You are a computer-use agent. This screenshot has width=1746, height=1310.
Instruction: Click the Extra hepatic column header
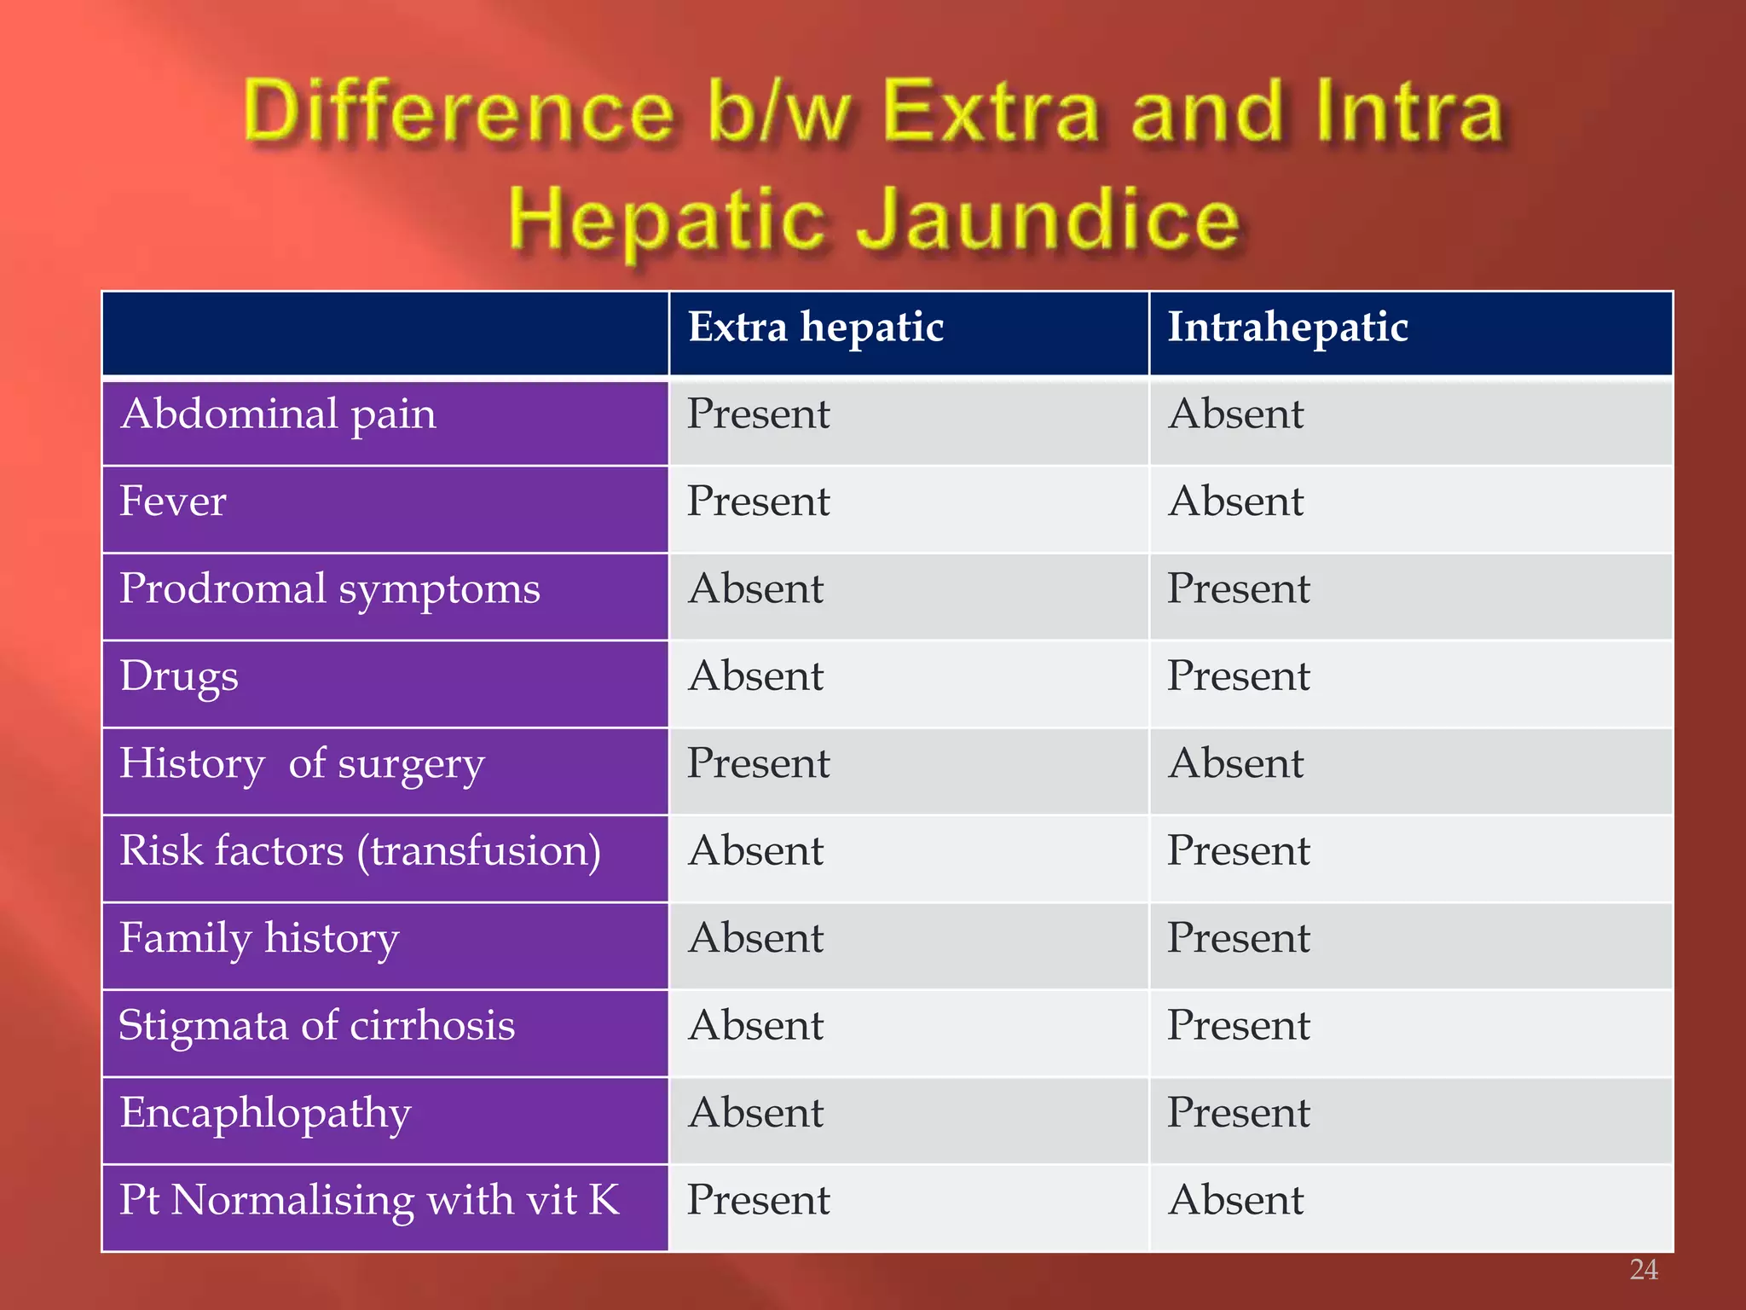816,328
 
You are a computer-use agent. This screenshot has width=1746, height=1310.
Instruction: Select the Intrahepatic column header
1286,328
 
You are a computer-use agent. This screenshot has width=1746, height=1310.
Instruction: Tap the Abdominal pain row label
279,415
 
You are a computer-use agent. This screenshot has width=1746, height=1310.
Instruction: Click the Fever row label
173,502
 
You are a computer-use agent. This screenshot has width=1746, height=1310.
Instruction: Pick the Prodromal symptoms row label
330,590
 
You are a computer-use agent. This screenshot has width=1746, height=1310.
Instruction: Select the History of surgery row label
302,764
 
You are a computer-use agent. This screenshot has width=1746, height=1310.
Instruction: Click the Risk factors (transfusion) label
360,852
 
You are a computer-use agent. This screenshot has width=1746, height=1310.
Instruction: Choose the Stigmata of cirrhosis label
317,1026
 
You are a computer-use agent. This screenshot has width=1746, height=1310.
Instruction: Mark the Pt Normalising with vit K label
369,1201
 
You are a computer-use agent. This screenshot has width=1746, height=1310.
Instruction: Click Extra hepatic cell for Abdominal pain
758,415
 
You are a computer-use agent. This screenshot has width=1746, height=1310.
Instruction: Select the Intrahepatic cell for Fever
1236,502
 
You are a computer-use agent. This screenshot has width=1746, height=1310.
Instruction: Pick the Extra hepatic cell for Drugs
756,677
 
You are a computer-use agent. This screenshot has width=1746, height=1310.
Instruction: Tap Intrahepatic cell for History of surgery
1236,764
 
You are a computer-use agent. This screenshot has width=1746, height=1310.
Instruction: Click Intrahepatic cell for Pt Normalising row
1236,1201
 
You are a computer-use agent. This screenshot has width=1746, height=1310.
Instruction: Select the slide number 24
1643,1270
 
